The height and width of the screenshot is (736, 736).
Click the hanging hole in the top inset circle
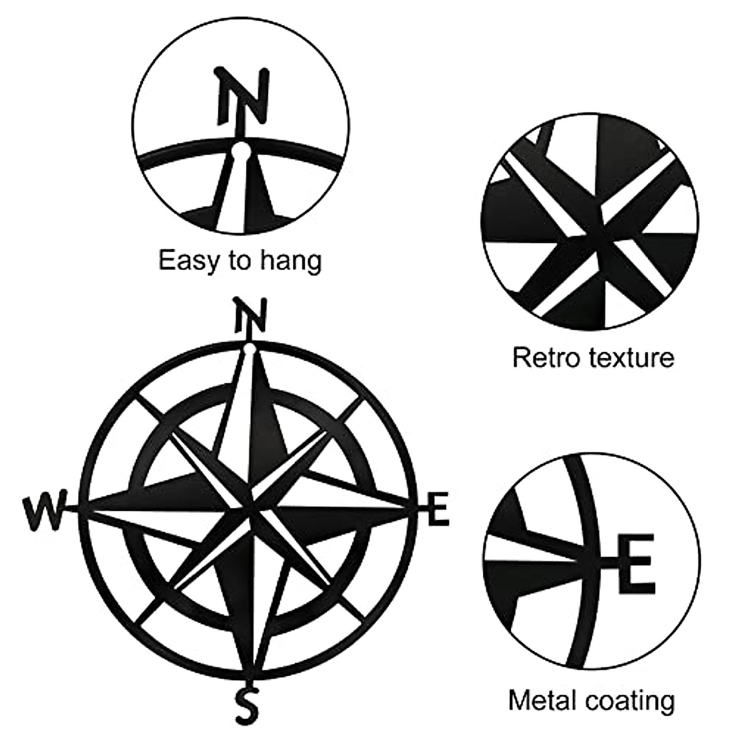tap(240, 150)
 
